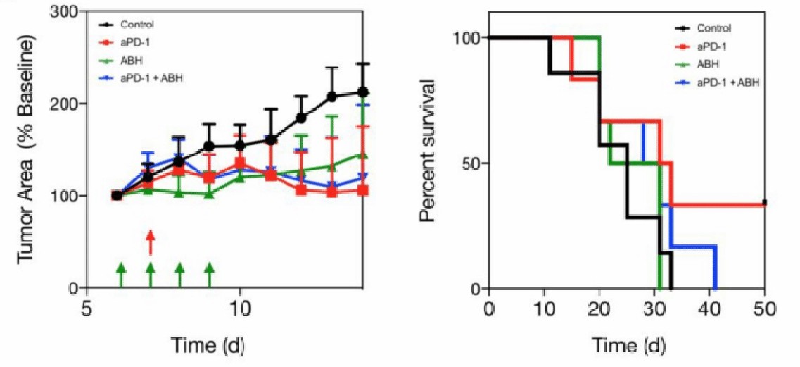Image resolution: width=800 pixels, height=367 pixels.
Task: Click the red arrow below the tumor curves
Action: pos(150,242)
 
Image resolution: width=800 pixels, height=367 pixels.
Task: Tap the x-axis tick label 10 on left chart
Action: pos(240,309)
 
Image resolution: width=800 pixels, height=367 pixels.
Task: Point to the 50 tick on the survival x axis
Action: pos(764,309)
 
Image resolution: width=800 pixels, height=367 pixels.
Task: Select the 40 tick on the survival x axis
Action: pos(709,309)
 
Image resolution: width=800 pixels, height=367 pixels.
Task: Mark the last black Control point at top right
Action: pos(362,92)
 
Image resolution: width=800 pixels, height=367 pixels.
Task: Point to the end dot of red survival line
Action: pos(764,202)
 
